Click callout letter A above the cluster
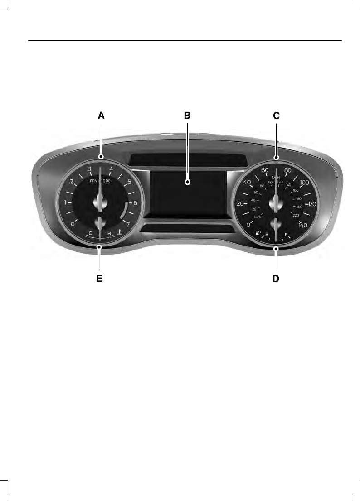point(101,116)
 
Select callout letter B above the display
point(187,116)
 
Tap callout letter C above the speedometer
point(276,116)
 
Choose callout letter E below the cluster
point(99,279)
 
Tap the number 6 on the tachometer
point(135,203)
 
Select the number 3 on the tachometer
point(90,169)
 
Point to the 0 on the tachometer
point(73,224)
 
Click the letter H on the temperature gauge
point(109,234)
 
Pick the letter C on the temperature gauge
point(91,234)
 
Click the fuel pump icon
point(258,234)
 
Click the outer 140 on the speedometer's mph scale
point(303,225)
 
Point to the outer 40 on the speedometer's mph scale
point(248,182)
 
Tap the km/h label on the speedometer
point(258,217)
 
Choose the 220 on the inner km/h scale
point(296,215)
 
